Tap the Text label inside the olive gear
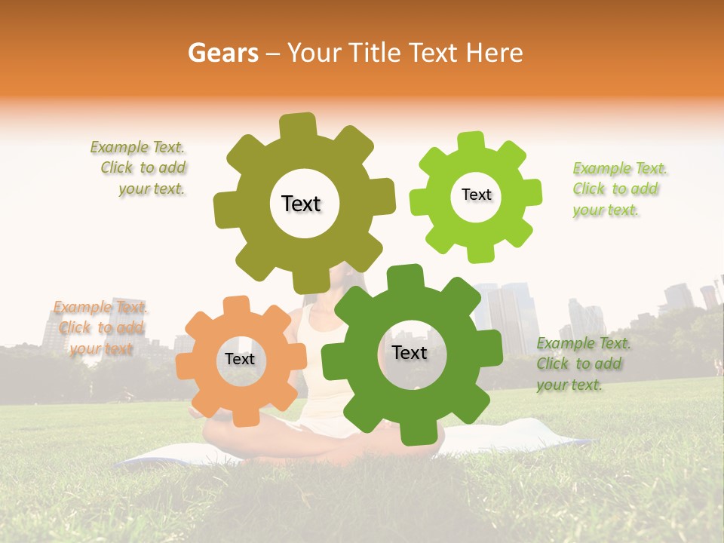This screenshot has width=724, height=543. coord(301,204)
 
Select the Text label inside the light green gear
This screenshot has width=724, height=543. coord(476,195)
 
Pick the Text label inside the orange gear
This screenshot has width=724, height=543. coord(240,359)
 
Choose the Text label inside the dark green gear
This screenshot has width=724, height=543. coord(410,352)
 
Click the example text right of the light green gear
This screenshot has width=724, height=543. coord(618,189)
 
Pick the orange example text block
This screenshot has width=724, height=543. coord(100,327)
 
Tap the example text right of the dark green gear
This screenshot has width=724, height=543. coord(582,364)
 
